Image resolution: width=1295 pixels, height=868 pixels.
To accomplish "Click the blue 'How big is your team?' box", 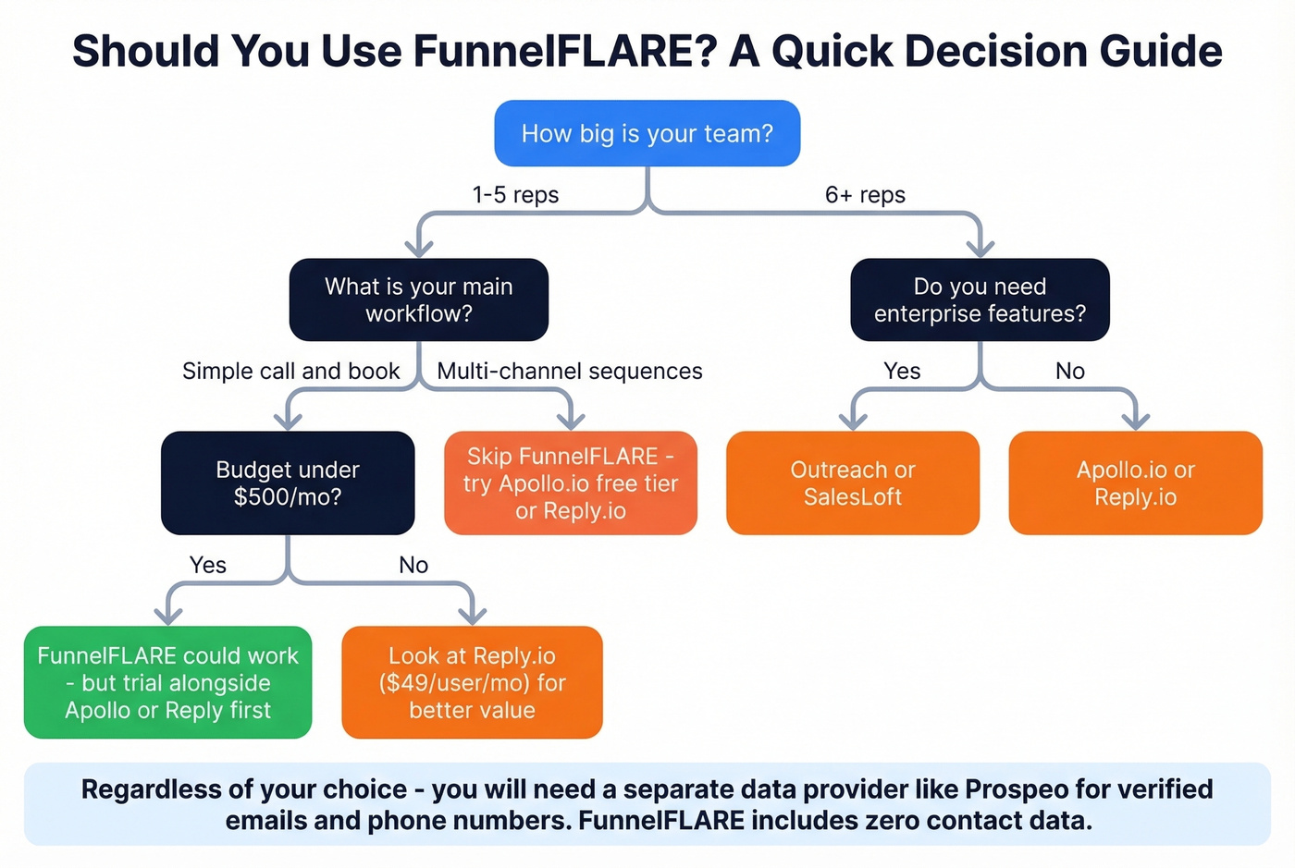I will [647, 133].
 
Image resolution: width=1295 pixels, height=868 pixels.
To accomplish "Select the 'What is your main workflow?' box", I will [418, 300].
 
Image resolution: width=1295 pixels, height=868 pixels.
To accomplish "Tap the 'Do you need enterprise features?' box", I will [980, 300].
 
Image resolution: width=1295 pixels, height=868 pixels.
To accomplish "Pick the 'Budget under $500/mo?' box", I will [288, 483].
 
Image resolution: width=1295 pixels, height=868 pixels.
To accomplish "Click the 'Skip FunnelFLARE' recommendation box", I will [571, 483].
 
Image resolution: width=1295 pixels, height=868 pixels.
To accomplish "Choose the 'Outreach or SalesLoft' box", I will [852, 483].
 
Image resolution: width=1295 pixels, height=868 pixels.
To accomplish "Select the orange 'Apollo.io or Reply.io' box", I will [1135, 483].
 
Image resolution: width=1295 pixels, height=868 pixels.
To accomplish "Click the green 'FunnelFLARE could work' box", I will [167, 682].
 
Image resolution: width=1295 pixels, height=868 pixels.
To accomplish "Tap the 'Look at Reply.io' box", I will [472, 682].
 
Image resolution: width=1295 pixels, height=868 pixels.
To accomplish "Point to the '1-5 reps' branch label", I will [515, 195].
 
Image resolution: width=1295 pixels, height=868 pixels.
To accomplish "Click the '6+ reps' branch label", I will [865, 195].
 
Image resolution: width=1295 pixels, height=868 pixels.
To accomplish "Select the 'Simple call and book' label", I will [290, 371].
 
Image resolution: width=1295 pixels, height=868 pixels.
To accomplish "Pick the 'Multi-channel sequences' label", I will [570, 371].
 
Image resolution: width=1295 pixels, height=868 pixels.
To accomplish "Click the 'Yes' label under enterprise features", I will [902, 371].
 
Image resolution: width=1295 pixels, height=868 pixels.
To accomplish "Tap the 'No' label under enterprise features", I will [1070, 371].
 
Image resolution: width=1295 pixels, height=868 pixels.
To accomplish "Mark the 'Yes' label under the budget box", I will [208, 565].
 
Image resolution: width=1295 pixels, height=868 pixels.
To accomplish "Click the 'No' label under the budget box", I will [413, 565].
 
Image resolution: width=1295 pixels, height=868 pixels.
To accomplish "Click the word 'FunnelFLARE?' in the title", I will [565, 51].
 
